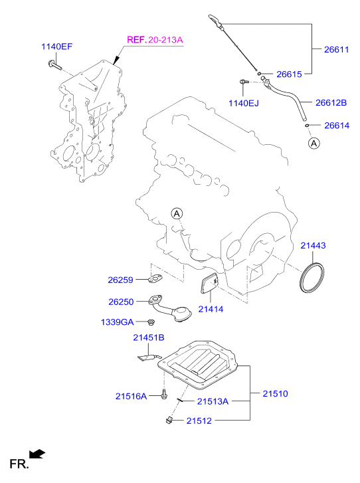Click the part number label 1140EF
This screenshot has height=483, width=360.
(57, 47)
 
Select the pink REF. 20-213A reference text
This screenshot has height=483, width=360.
(155, 40)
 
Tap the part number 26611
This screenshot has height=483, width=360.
(336, 49)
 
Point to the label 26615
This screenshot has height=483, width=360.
(289, 74)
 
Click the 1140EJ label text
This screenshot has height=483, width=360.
(244, 103)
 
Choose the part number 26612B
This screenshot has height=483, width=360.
(331, 102)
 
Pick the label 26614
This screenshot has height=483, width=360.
(337, 126)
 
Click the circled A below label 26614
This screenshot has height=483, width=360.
(314, 144)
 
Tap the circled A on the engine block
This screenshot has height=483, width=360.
(177, 213)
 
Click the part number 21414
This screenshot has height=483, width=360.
(211, 309)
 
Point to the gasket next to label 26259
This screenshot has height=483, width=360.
(155, 279)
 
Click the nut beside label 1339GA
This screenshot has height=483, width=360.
(151, 322)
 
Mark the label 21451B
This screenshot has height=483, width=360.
(149, 338)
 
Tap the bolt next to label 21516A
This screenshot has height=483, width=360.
(164, 394)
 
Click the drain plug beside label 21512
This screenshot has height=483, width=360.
(169, 420)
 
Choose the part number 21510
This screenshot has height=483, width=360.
(275, 393)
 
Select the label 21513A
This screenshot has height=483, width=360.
(213, 401)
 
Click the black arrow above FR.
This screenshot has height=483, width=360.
(37, 454)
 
